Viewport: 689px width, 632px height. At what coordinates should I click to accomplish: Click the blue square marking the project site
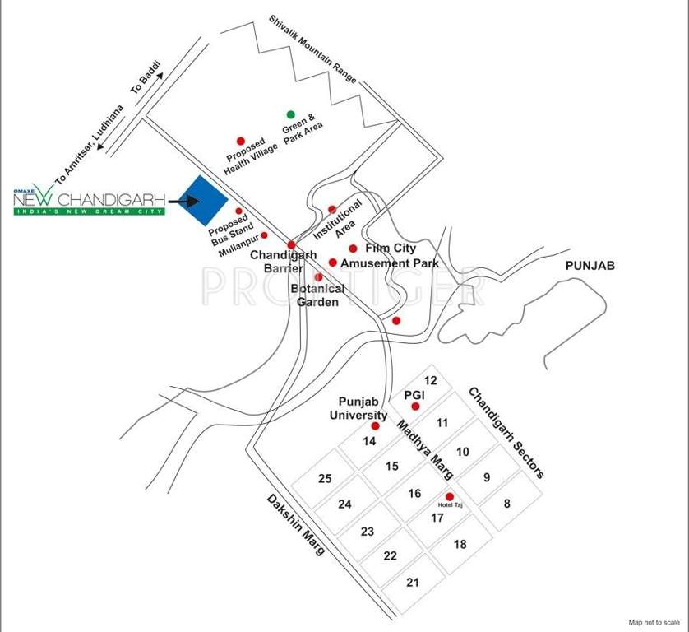point(205,201)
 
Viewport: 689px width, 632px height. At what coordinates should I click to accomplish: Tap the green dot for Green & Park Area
point(290,114)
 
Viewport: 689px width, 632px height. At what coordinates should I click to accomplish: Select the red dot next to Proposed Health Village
point(241,141)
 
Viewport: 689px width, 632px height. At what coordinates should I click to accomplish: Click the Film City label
point(391,248)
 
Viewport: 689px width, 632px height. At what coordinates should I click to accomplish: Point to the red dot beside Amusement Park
point(333,263)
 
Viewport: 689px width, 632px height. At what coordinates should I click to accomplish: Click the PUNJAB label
point(590,266)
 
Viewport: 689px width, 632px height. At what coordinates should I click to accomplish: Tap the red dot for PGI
point(416,407)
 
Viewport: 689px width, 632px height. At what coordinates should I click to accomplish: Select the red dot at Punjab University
point(376,426)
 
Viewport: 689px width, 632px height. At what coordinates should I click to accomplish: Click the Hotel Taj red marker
point(449,496)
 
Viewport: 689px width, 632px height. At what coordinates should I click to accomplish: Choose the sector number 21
point(413,583)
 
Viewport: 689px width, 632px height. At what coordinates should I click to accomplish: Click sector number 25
point(325,479)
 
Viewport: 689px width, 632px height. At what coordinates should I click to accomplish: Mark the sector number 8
point(507,503)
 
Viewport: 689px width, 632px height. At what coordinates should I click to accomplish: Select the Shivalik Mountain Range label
point(313,50)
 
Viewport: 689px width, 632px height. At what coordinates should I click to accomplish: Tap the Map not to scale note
point(654,623)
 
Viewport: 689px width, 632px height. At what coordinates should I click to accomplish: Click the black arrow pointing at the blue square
point(183,200)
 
